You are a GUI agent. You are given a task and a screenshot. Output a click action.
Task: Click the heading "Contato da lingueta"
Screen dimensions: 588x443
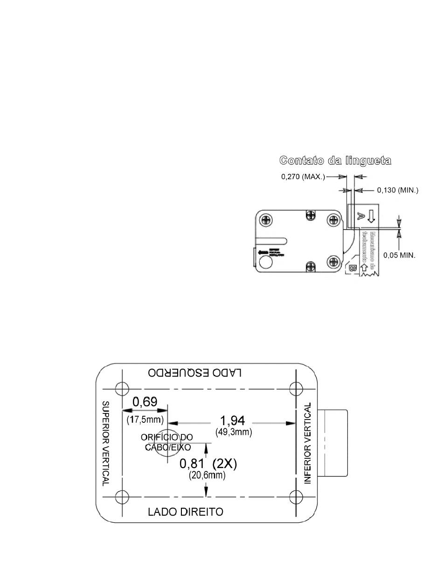tap(335, 161)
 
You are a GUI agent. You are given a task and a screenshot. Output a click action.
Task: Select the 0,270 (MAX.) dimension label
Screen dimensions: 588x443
tap(303, 177)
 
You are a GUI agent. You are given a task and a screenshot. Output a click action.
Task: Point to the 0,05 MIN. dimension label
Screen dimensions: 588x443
tap(399, 255)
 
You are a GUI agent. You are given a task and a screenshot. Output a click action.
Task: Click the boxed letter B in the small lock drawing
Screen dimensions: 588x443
tap(352, 268)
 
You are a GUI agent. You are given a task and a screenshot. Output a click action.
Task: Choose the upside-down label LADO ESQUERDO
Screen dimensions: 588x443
tap(195, 372)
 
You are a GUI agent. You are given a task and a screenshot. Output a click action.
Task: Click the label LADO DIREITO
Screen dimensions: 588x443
tap(186, 511)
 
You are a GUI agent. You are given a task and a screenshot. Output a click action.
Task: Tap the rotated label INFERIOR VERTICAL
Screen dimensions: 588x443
tap(307, 443)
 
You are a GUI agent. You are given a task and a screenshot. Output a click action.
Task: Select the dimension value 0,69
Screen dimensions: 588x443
tap(145, 401)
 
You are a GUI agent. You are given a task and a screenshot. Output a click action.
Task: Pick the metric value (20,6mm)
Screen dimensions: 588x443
tap(207, 476)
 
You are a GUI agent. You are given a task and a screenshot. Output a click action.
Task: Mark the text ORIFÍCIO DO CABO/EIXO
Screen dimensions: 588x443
tap(166, 442)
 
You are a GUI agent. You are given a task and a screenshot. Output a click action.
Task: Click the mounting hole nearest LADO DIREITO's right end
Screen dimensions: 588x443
tap(296, 497)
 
